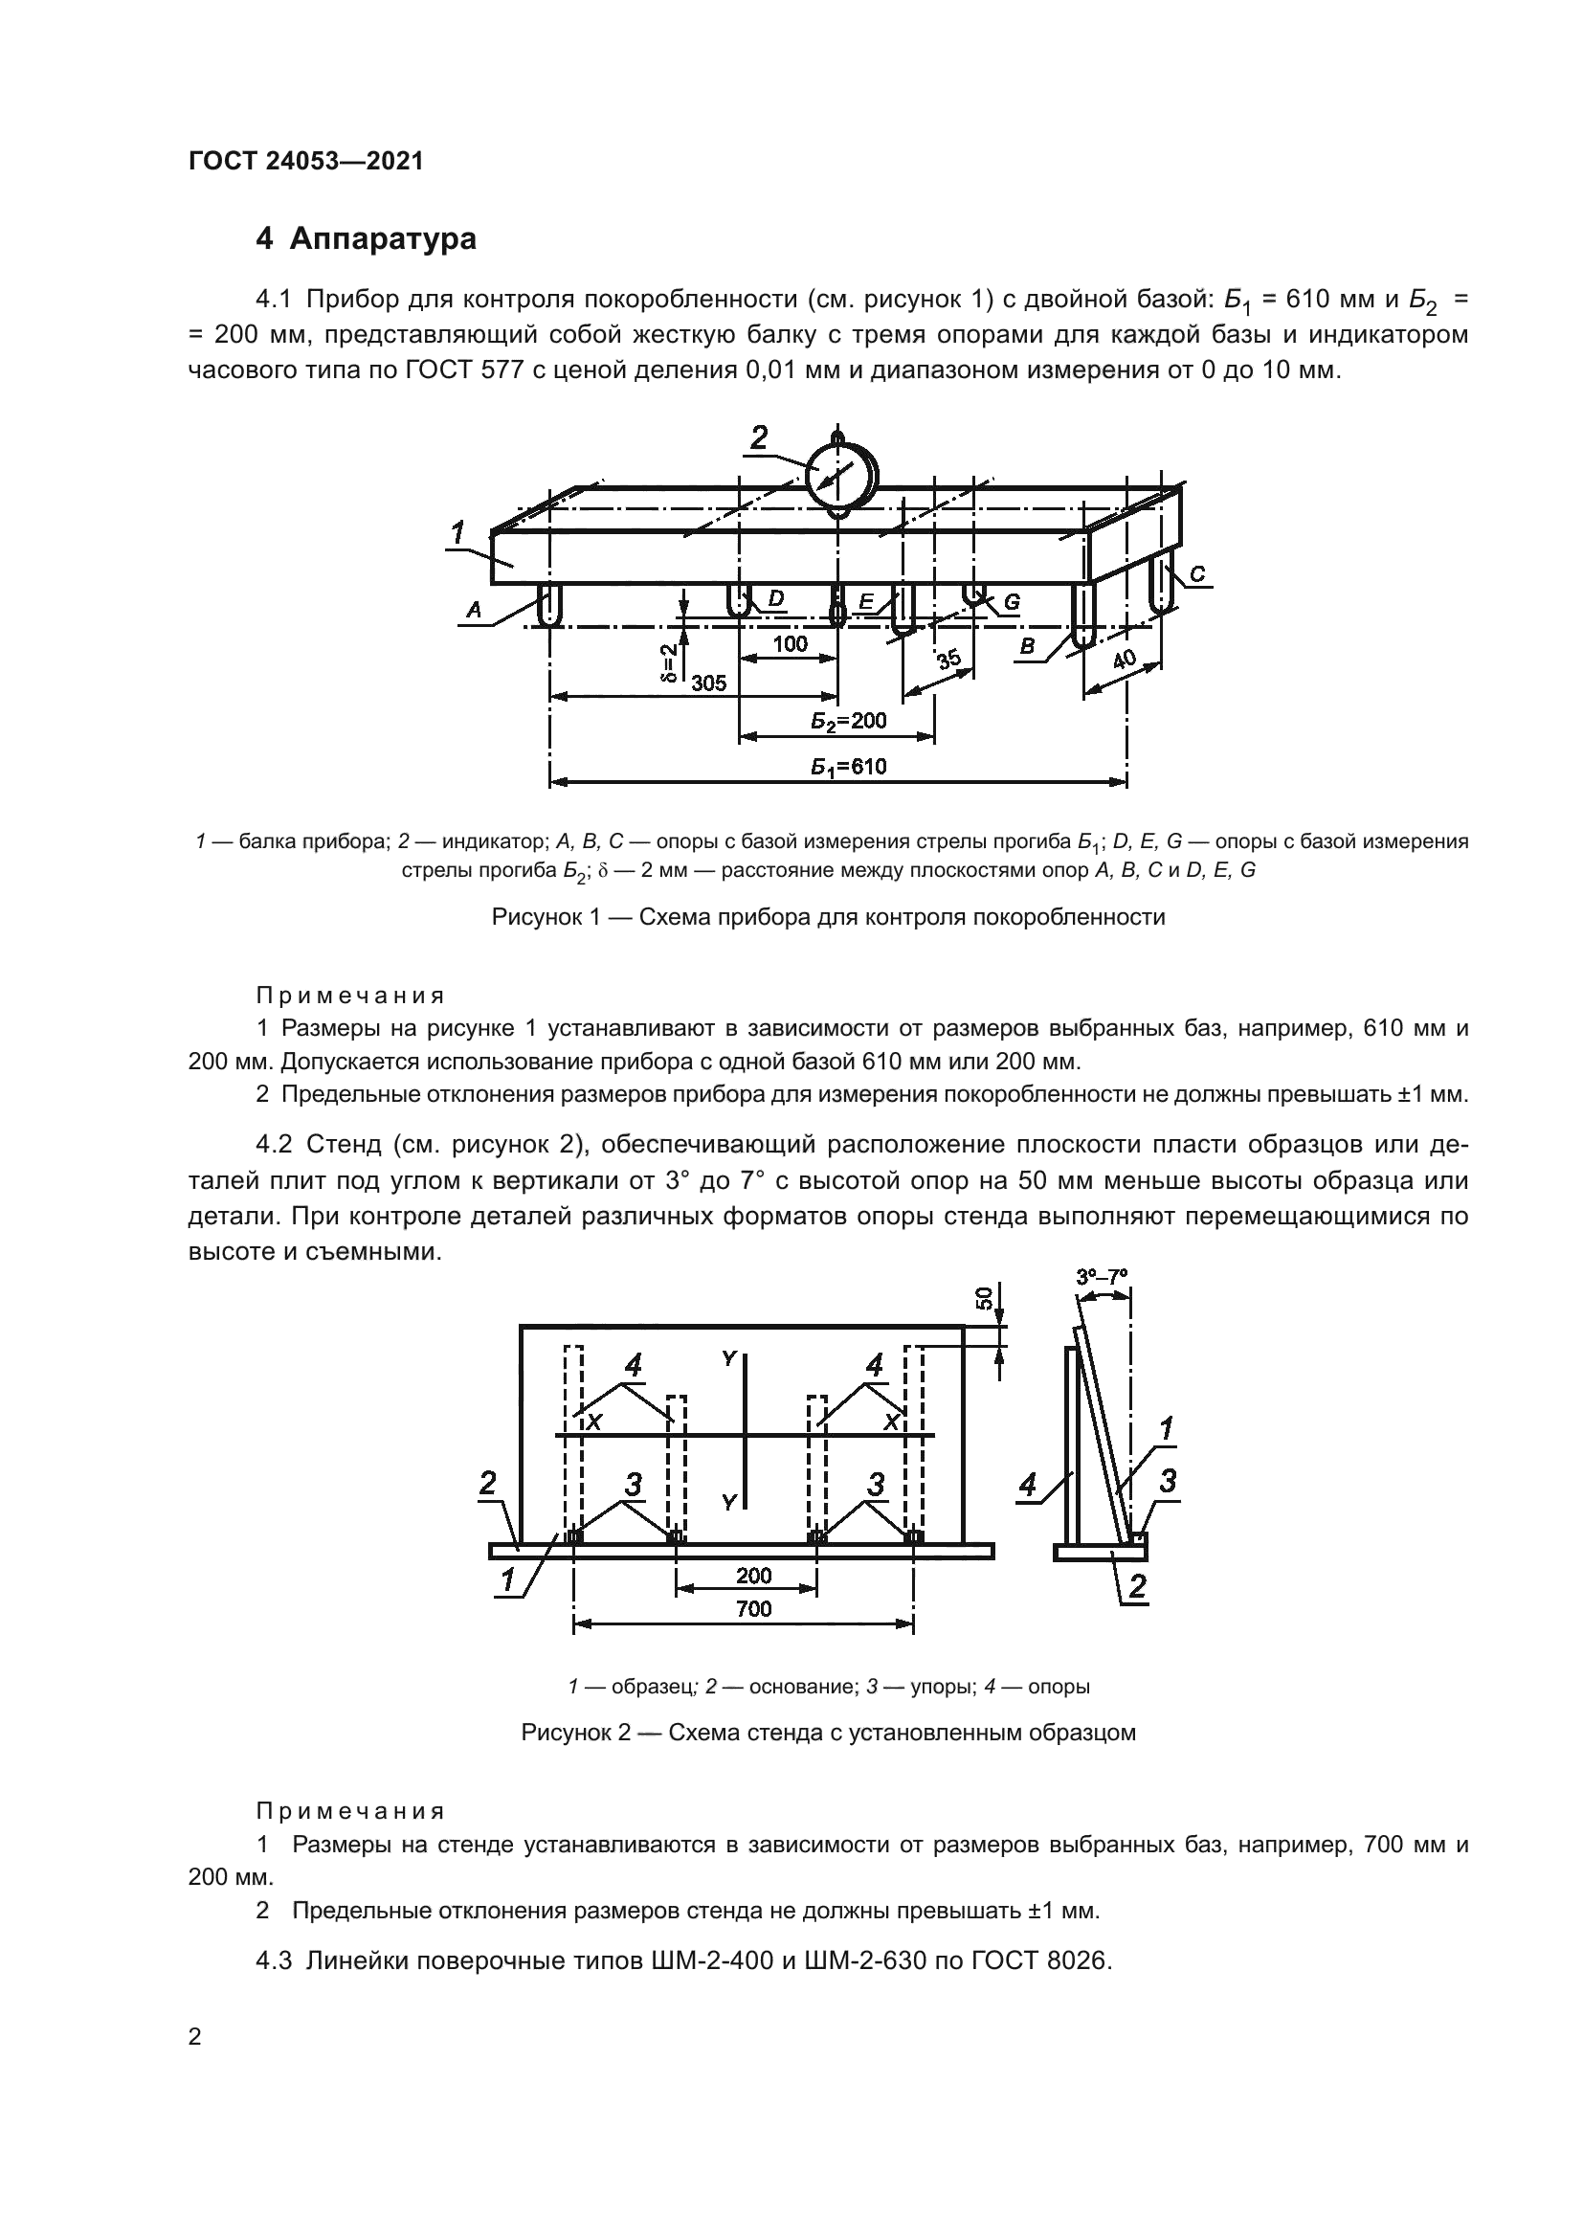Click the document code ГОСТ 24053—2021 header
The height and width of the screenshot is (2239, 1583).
[x=305, y=161]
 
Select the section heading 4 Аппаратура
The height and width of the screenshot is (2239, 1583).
[x=366, y=239]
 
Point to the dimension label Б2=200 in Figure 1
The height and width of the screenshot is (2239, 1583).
[x=847, y=721]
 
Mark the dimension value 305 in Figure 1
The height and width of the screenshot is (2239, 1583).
[x=708, y=683]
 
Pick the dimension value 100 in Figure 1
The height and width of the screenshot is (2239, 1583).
[x=790, y=642]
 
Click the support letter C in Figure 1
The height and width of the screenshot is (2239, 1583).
[x=1197, y=574]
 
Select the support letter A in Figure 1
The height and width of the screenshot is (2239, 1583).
[x=474, y=611]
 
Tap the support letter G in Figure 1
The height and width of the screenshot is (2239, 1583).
[x=1011, y=603]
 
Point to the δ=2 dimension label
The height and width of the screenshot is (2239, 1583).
[x=669, y=663]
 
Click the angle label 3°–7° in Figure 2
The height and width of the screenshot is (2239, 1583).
[x=1102, y=1277]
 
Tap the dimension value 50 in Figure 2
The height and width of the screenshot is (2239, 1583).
[x=985, y=1298]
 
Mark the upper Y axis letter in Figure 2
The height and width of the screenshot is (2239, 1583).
[x=728, y=1357]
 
